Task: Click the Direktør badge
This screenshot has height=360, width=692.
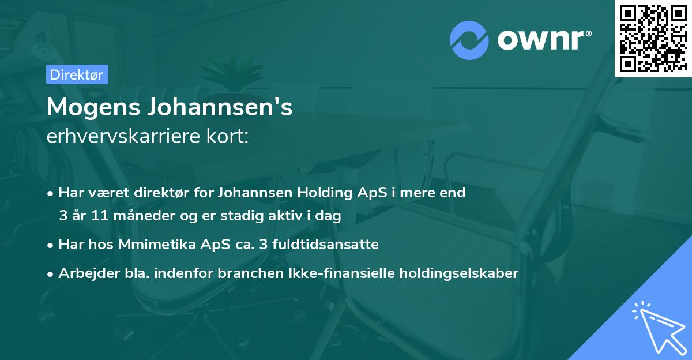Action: coord(77,74)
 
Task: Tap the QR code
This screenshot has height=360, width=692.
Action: coord(652,38)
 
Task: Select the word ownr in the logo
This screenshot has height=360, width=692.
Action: coord(544,40)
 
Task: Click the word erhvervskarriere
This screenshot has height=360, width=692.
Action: coord(127,137)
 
